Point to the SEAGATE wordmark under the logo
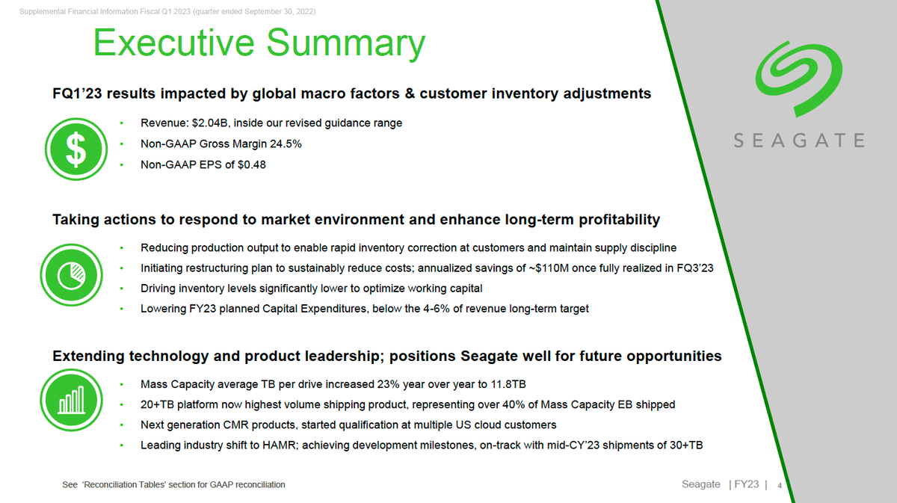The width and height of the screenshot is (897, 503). pyautogui.click(x=798, y=141)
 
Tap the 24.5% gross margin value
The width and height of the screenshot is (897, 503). pyautogui.click(x=286, y=144)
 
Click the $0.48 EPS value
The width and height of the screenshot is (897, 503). pyautogui.click(x=250, y=164)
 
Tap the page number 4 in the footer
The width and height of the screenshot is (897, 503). pyautogui.click(x=780, y=485)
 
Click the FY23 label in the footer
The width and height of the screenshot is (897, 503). pyautogui.click(x=746, y=484)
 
